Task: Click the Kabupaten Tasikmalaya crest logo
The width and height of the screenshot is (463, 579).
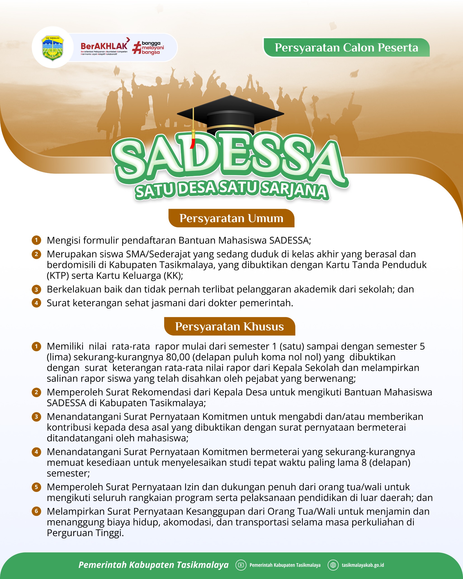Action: pyautogui.click(x=53, y=47)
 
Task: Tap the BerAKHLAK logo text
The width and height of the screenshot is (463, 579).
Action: pyautogui.click(x=104, y=46)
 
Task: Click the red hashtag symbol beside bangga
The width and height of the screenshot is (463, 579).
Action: pyautogui.click(x=137, y=47)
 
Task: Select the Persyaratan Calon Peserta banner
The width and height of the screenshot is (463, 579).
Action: pyautogui.click(x=346, y=47)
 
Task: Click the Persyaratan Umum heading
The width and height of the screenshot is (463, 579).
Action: pyautogui.click(x=231, y=218)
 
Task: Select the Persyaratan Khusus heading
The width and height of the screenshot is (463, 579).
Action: pyautogui.click(x=229, y=327)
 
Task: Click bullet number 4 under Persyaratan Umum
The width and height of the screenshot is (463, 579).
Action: pyautogui.click(x=36, y=303)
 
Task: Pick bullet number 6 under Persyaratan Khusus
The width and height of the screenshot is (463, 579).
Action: pyautogui.click(x=36, y=511)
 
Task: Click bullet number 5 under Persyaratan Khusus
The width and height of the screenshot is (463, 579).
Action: pyautogui.click(x=36, y=487)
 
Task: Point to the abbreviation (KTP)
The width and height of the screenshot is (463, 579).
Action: pyautogui.click(x=57, y=276)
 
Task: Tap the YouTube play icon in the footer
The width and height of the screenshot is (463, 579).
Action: pyautogui.click(x=241, y=565)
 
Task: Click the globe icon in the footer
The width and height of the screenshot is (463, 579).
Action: pyautogui.click(x=333, y=565)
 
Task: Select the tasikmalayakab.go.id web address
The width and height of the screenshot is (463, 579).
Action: pyautogui.click(x=363, y=565)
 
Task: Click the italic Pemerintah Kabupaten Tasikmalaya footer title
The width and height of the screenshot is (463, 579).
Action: pyautogui.click(x=154, y=565)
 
